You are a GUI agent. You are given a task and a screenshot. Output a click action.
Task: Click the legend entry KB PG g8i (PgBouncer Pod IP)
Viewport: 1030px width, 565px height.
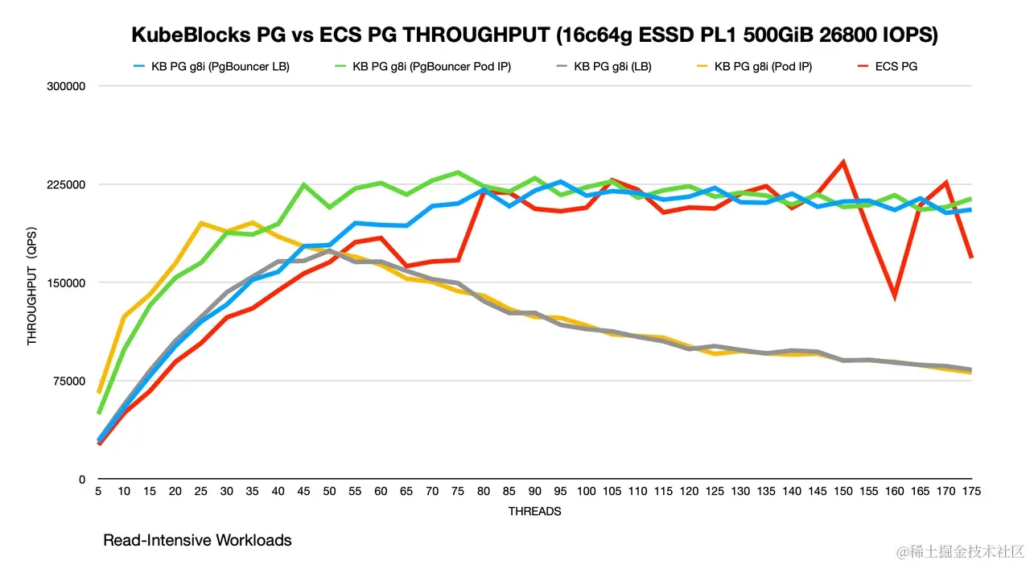427,67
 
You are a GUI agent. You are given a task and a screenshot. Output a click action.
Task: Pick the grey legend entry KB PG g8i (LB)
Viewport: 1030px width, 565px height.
612,67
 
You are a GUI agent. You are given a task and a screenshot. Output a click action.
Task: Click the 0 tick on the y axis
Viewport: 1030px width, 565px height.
82,479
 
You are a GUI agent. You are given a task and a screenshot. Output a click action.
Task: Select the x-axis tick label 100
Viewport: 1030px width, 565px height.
587,491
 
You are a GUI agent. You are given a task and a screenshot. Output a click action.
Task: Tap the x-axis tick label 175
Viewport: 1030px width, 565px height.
972,491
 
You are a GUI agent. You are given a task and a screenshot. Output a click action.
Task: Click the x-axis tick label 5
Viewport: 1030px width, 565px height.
98,491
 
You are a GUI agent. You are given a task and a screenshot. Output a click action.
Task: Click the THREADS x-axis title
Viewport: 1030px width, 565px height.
535,511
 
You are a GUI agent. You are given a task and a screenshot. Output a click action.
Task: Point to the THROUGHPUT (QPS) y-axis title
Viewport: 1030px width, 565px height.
32,282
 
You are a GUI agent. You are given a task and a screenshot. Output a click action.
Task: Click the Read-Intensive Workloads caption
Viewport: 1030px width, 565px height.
197,541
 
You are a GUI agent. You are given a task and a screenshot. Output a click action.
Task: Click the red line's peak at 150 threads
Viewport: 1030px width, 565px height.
843,162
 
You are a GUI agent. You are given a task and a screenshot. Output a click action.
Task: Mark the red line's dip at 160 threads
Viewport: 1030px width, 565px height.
895,297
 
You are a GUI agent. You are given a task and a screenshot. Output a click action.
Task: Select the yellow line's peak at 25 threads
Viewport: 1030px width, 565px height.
201,223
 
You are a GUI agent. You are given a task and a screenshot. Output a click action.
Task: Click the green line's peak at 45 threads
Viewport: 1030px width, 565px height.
303,184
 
